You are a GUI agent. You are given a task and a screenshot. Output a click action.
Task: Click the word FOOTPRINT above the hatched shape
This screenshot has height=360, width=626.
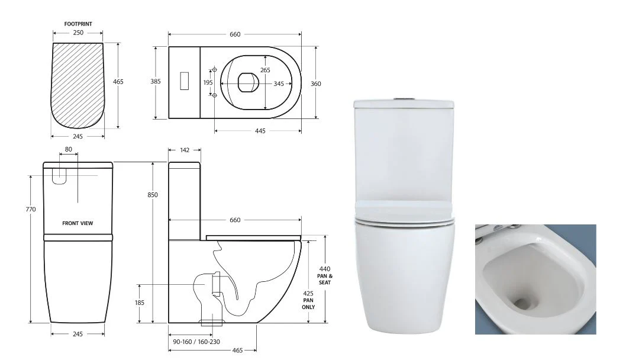pos(78,24)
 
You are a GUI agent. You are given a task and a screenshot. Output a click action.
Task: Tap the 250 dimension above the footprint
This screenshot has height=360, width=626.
pos(78,33)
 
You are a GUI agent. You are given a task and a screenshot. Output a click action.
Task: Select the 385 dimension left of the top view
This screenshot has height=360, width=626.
pos(155,82)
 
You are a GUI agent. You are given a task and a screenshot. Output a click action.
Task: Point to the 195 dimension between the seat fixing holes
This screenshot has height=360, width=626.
pos(208,83)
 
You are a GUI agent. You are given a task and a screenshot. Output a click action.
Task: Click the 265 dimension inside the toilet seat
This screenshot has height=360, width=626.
pos(264,70)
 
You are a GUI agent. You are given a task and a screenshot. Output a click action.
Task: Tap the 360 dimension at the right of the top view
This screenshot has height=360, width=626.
pos(316,83)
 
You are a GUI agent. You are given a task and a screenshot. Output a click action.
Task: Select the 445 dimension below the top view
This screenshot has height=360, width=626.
pos(260,130)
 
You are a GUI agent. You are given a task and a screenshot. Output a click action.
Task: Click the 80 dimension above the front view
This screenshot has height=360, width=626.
pos(69,150)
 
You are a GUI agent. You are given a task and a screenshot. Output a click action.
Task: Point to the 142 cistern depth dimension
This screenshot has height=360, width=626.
pos(185,150)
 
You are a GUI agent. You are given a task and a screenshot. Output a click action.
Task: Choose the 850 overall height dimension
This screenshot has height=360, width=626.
pos(153,195)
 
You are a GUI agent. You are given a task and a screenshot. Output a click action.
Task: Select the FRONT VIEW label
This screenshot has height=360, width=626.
pos(78,223)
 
